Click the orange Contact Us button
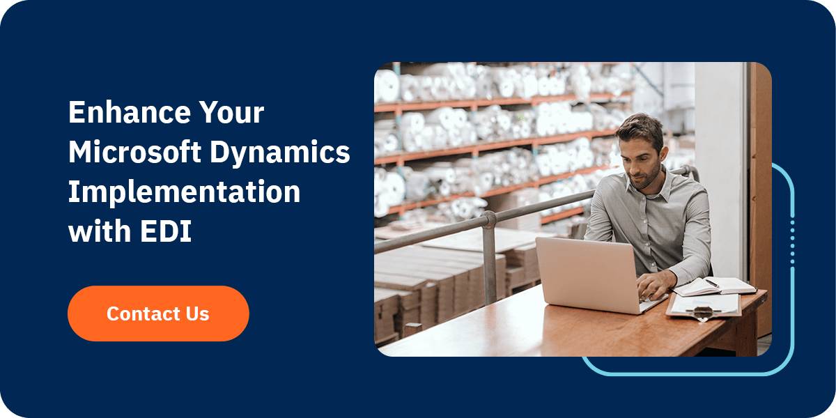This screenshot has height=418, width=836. pos(158,313)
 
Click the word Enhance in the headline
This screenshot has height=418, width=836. pos(130,112)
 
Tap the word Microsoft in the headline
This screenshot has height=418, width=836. pos(134,152)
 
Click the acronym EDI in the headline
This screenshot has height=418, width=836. pos(166,231)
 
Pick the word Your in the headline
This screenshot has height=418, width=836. pos(231,112)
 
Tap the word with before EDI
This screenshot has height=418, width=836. pos(100,231)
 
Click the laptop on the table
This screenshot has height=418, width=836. pos(594,276)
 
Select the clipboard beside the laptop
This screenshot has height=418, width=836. pos(704,306)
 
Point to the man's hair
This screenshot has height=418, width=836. pos(640,129)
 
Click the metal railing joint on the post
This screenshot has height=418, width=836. pos(488,220)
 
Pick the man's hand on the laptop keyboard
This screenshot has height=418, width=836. pos(655,286)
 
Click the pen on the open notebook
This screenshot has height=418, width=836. pos(713,284)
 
